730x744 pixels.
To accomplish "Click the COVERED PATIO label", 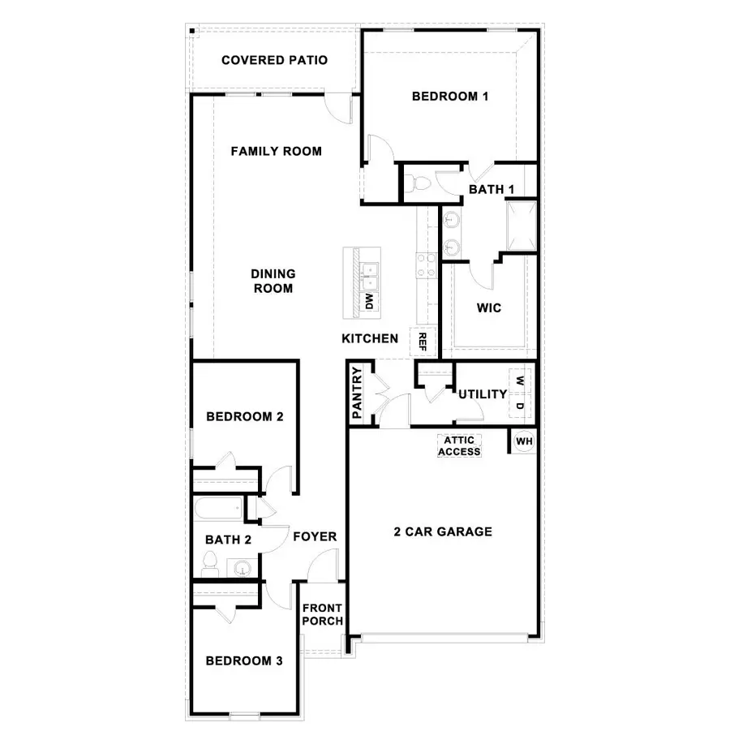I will [274, 60].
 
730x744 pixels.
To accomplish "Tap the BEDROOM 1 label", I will [450, 97].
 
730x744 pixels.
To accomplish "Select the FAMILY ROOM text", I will [276, 151].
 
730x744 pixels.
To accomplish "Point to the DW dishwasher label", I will [369, 302].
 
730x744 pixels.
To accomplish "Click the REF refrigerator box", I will [422, 341].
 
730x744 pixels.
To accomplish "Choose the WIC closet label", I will [489, 308].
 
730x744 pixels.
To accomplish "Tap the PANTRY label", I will [357, 394].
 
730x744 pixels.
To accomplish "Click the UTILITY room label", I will [483, 394].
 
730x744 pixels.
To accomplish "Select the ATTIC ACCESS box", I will [459, 446].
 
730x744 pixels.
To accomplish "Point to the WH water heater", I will [524, 441].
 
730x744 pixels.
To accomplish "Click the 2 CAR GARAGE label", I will [443, 532].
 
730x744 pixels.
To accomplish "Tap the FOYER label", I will [315, 536].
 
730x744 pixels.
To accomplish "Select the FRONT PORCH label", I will [322, 615].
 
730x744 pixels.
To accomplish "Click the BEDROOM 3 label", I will [243, 661].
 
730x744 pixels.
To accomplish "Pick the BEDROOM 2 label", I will [244, 417].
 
